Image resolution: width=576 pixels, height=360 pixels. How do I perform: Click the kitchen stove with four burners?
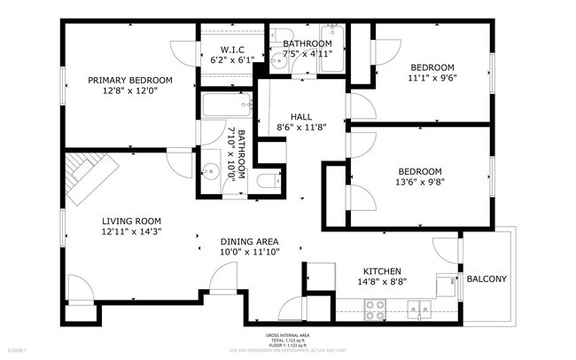tap(376, 309)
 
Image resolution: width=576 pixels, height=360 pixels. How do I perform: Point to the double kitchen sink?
tap(418, 309)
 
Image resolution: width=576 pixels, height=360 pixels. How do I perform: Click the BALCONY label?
tap(486, 279)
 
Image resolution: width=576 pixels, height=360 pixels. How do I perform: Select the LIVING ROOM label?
tap(130, 221)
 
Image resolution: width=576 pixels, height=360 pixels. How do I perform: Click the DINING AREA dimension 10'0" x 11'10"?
tap(250, 252)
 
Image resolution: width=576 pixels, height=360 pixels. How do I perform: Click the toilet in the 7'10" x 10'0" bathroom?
tap(267, 183)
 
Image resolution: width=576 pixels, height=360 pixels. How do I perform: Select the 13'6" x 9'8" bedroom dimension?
tap(419, 183)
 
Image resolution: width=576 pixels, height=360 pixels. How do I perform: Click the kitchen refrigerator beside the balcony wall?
tap(447, 286)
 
